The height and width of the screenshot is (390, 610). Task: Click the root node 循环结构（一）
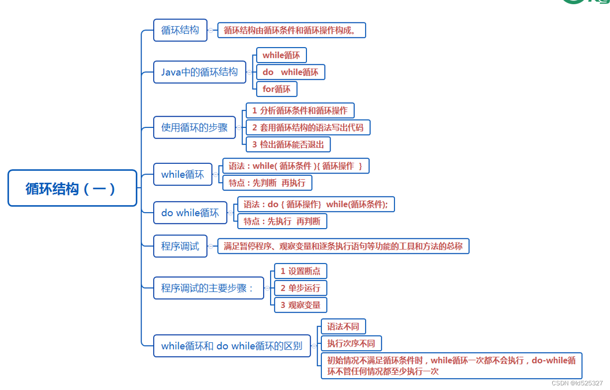72,188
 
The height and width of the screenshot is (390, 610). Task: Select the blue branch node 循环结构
180,30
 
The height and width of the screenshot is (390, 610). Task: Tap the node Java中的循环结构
199,72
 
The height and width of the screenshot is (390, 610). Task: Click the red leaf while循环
281,56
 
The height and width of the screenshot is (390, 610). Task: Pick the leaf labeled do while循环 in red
290,72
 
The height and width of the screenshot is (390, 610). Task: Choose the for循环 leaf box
276,89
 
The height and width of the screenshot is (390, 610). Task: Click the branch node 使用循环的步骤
194,127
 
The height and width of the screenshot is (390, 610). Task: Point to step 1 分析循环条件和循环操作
300,111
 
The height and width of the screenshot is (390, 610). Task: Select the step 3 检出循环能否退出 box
288,145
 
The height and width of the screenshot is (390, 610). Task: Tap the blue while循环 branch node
183,175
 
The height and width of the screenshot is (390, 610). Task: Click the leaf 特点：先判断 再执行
267,183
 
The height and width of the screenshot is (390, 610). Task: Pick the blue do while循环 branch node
190,213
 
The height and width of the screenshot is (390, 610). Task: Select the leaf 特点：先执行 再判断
282,222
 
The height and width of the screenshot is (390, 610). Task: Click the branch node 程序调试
180,246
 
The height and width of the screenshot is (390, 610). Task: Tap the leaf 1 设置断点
300,271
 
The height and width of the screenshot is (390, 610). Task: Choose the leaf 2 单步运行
300,288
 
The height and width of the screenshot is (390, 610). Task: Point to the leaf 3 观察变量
300,305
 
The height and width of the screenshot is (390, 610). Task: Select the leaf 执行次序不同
351,344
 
